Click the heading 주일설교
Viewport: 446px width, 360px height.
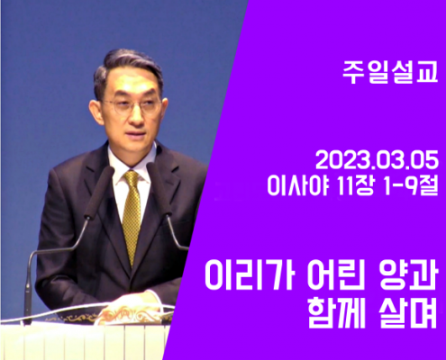390,73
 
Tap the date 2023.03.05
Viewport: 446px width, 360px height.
378,162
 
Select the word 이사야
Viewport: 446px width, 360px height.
297,185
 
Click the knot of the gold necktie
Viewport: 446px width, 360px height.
132,178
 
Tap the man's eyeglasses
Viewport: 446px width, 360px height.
132,106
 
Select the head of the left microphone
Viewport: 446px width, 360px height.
99,192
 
